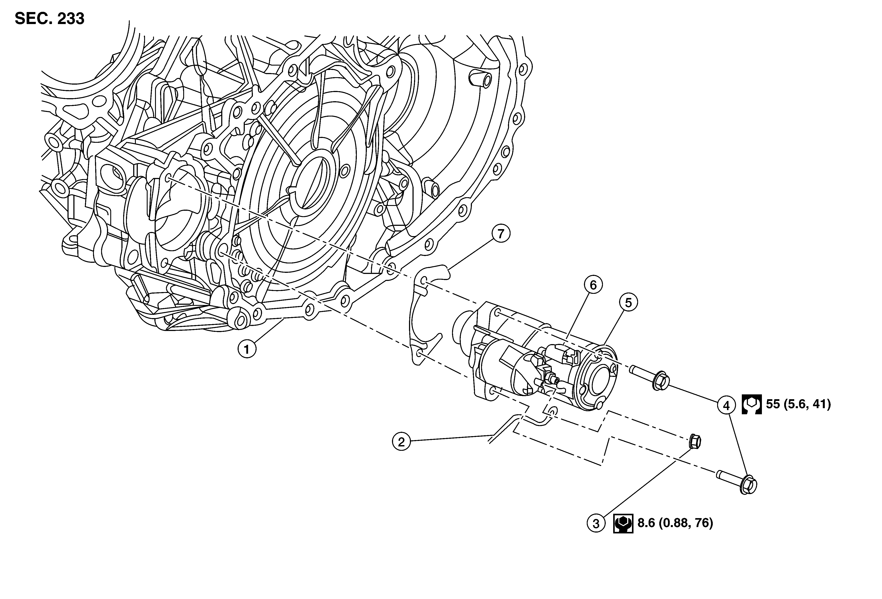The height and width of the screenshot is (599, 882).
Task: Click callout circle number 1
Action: (x=247, y=349)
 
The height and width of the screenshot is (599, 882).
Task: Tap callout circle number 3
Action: (x=596, y=523)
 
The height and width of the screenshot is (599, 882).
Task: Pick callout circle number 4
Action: (x=726, y=406)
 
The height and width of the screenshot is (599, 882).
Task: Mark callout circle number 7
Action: (x=501, y=234)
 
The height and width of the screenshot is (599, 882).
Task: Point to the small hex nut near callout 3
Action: (x=694, y=441)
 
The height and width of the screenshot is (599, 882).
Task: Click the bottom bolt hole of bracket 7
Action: (x=419, y=353)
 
